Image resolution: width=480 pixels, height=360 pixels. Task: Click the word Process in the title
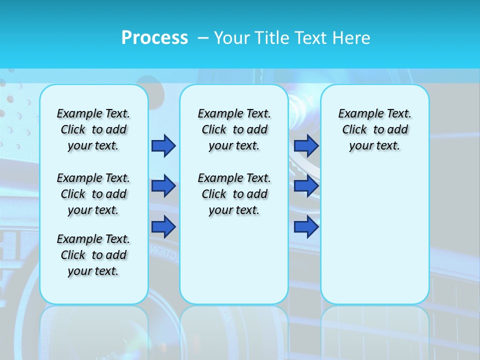click(154, 37)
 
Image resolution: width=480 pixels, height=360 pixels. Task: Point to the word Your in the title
click(232, 37)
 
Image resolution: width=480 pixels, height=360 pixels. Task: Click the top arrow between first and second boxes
click(163, 145)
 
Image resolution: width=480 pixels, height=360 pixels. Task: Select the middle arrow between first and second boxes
click(163, 186)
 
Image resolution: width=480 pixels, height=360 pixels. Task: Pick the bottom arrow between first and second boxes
click(163, 227)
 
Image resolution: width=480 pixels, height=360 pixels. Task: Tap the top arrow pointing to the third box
click(306, 145)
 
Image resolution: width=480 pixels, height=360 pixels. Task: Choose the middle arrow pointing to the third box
click(306, 186)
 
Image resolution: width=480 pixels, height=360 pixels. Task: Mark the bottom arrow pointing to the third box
click(306, 227)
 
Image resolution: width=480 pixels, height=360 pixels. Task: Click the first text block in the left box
click(93, 129)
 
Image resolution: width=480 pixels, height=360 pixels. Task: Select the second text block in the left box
click(93, 194)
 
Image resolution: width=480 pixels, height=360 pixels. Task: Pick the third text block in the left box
click(93, 255)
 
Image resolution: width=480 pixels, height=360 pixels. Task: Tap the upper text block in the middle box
click(234, 129)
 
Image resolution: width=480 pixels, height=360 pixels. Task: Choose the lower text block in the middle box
click(234, 194)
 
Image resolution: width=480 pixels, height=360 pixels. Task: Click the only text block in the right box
click(375, 129)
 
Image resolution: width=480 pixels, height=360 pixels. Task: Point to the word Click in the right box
click(354, 130)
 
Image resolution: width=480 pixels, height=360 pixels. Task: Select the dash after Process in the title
click(203, 38)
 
